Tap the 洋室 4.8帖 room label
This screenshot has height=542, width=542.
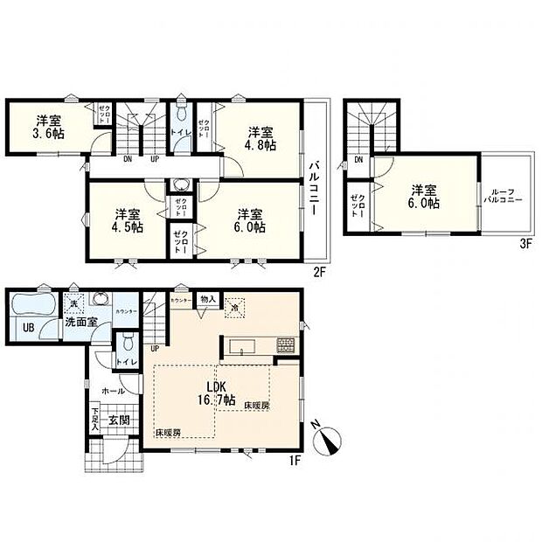coord(261,139)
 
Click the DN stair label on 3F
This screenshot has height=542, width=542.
coord(359,161)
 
